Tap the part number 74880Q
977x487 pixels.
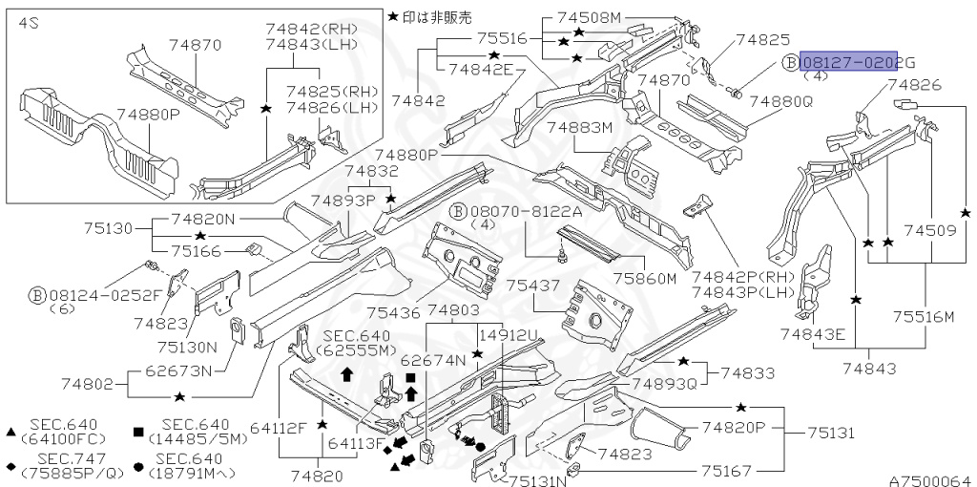pos(780,100)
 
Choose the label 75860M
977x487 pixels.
pos(644,278)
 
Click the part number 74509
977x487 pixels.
pos(929,230)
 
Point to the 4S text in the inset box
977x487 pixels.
pos(28,23)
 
